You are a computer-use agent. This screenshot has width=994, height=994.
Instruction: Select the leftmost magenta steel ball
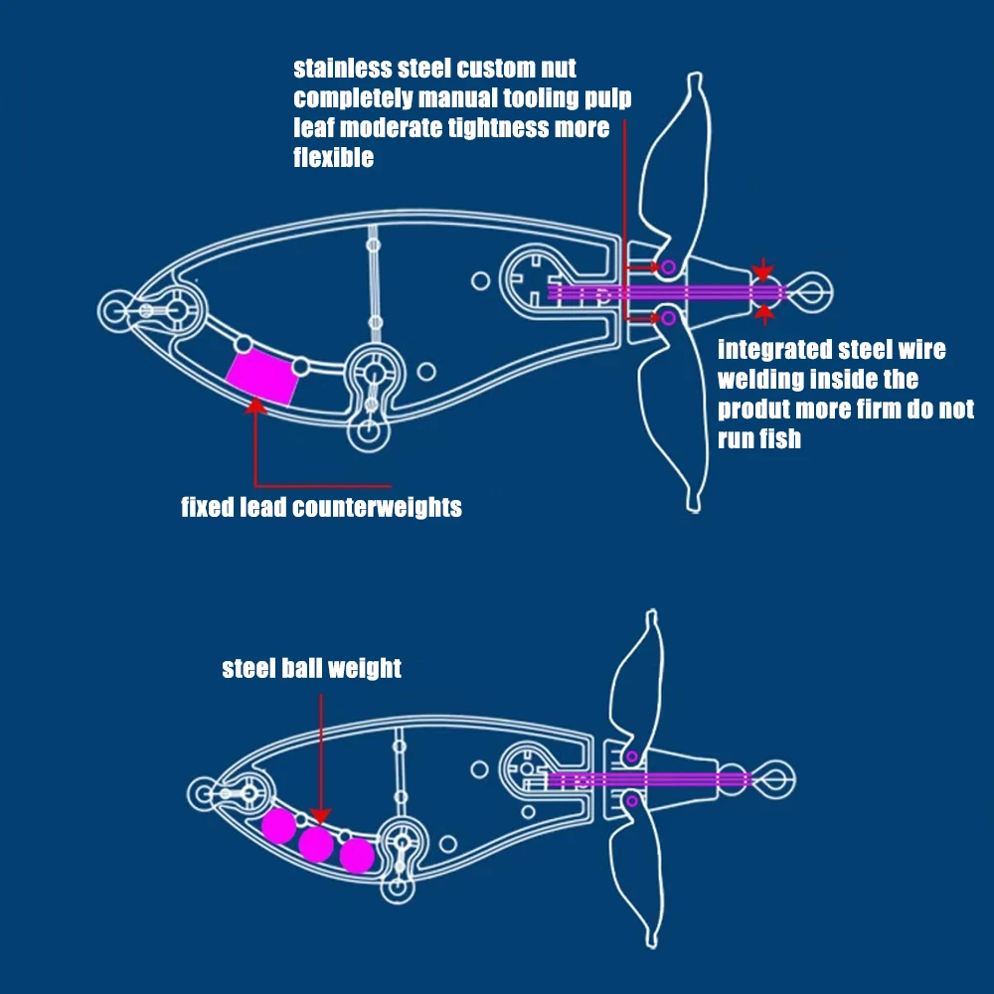pos(278,824)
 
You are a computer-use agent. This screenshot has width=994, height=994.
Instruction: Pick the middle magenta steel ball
pos(316,844)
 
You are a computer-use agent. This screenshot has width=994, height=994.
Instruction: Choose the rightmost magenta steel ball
pos(357,854)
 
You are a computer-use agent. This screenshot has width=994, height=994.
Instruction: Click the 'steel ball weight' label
pos(311,668)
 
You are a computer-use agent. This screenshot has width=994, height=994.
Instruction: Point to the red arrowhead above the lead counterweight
pos(256,404)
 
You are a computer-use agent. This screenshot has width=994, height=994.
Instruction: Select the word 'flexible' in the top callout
pos(334,157)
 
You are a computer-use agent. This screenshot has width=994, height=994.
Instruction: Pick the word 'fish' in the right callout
pos(780,438)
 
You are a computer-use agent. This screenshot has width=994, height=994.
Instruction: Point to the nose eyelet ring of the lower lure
pos(202,793)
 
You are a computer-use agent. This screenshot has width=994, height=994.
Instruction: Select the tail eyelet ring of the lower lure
pos(776,772)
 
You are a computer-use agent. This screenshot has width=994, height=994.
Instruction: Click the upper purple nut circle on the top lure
pos(668,266)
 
